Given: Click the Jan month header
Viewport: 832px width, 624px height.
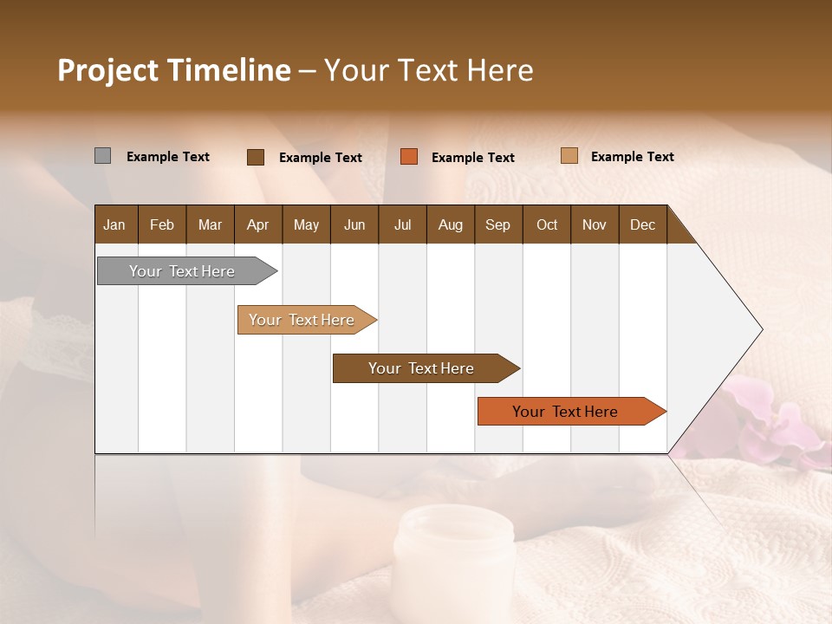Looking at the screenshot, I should pos(114,224).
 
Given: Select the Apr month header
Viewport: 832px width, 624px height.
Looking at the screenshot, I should pos(257,224).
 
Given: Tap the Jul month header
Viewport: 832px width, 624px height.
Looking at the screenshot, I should pos(402,224).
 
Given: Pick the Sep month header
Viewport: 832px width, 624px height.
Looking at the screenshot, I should pos(497,224).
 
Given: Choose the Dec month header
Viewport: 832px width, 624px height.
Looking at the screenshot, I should pos(642,224).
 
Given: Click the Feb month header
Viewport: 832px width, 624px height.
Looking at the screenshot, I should pos(162,224).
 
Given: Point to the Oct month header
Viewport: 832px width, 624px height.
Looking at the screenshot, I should pos(547,224).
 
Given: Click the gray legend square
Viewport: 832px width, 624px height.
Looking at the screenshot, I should pos(102,156).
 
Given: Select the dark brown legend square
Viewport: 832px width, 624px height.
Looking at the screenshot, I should pos(256,157).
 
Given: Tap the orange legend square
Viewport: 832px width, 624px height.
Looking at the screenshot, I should pos(409,157).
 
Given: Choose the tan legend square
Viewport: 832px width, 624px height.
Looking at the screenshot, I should pos(569,156).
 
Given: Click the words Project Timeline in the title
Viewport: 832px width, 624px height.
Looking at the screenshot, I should pos(174,70).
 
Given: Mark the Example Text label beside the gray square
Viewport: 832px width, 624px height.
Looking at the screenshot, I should pos(168,157).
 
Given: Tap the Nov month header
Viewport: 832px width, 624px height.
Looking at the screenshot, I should pos(595,224).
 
